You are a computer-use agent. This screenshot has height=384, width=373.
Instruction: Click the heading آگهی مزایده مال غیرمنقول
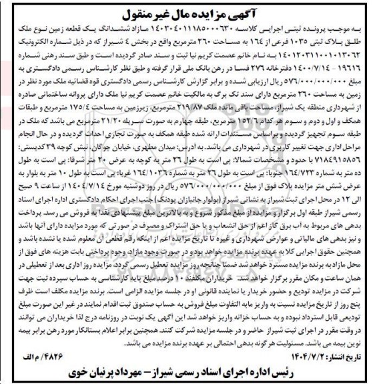click(186, 13)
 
